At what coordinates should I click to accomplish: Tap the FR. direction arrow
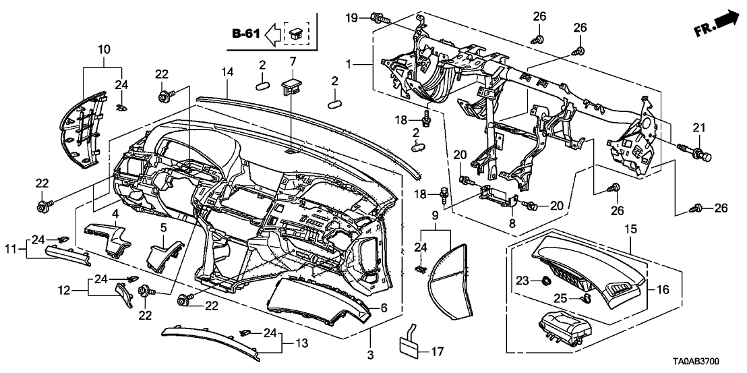pos(717,24)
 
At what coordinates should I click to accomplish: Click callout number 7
pos(293,62)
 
